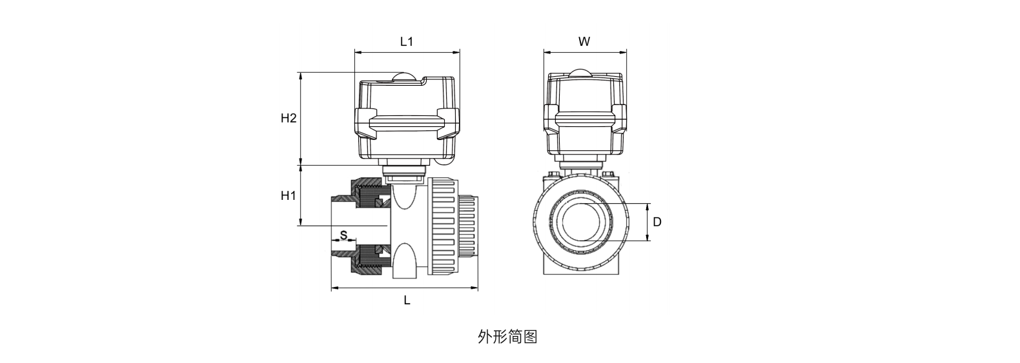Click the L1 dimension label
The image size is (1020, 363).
[x=406, y=41]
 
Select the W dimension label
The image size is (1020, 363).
[x=584, y=41]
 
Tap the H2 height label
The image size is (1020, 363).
[x=288, y=119]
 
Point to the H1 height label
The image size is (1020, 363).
[x=288, y=195]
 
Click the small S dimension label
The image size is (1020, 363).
[x=343, y=235]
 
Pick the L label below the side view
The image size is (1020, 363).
[x=407, y=300]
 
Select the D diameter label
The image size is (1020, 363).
[x=657, y=222]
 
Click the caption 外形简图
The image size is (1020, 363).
[x=507, y=337]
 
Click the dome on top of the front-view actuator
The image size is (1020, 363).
[x=584, y=73]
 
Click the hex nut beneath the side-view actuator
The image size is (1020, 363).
[x=403, y=173]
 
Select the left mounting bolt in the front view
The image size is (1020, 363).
[x=555, y=175]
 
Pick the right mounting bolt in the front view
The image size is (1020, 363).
[x=607, y=175]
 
